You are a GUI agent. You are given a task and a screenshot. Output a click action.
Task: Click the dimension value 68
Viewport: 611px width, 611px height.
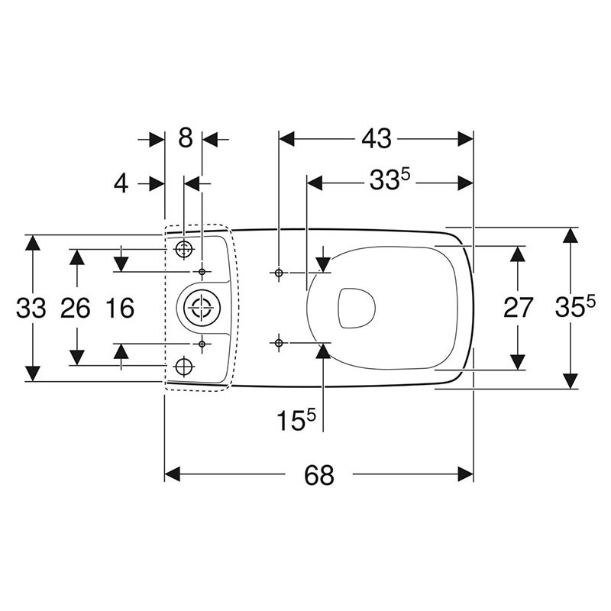318,475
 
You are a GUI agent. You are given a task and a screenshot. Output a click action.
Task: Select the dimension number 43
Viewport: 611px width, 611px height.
376,139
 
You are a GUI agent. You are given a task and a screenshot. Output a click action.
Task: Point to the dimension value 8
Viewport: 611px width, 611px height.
185,137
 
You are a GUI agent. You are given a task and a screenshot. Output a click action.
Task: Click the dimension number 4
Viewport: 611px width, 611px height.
121,183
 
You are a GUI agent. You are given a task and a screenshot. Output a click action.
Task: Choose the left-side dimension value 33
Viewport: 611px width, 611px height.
31,308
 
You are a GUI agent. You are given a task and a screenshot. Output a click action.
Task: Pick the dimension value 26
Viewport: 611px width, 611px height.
76,308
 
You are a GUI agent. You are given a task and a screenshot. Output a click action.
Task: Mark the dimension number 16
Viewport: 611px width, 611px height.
121,308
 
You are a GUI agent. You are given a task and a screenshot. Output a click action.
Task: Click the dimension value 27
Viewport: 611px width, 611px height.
518,308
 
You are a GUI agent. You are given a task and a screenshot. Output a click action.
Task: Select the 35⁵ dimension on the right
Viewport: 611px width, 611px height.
575,305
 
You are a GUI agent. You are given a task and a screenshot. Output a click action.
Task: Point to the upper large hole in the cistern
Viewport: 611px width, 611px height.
184,249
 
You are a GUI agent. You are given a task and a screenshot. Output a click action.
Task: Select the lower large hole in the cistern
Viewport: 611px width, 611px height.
184,367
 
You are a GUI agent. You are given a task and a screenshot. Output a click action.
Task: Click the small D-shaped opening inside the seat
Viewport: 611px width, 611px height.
356,308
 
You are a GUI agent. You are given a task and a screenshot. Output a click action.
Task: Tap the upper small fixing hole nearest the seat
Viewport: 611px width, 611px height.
279,273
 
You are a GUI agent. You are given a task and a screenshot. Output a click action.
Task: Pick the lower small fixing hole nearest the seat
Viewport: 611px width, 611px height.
279,343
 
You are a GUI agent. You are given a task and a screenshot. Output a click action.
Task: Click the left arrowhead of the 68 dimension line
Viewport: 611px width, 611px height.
173,474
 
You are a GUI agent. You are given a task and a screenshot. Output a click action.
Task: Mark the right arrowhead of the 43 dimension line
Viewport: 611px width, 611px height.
465,139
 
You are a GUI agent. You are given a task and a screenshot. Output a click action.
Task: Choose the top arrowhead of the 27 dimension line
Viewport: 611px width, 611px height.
518,254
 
